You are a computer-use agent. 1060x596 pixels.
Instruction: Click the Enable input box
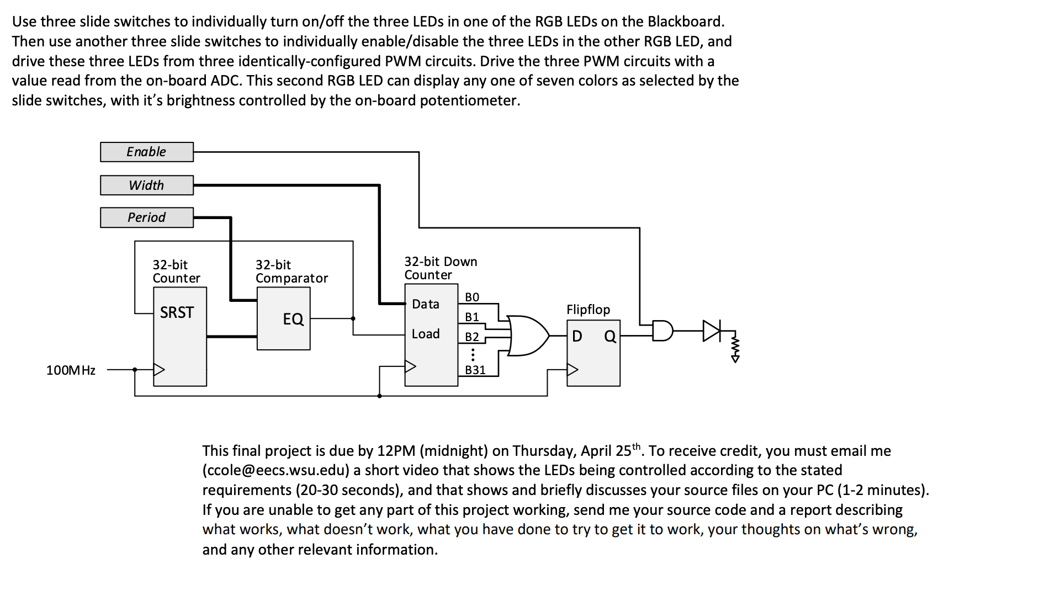click(x=146, y=152)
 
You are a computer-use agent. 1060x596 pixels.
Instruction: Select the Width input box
click(x=146, y=185)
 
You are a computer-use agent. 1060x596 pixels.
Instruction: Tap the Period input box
click(x=146, y=217)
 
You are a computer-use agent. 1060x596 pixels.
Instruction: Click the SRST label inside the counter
click(x=177, y=313)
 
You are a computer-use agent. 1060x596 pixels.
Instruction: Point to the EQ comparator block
click(x=284, y=319)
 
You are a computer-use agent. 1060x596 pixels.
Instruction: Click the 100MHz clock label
click(x=71, y=370)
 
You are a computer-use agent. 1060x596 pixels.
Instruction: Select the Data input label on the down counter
click(x=426, y=304)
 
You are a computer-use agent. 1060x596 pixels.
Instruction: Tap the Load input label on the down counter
click(x=426, y=334)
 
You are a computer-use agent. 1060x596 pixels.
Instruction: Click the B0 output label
click(x=472, y=297)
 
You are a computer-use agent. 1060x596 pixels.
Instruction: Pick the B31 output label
click(x=475, y=370)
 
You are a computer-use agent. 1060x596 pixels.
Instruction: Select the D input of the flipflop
click(x=577, y=336)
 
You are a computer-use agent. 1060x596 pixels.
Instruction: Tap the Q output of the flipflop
click(x=609, y=336)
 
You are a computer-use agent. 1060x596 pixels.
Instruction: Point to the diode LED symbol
click(x=712, y=331)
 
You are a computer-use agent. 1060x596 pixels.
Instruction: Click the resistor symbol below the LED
click(x=735, y=348)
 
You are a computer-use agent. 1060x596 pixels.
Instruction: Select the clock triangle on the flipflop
click(x=573, y=369)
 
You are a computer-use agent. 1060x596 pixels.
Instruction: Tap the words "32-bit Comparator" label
click(x=291, y=272)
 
